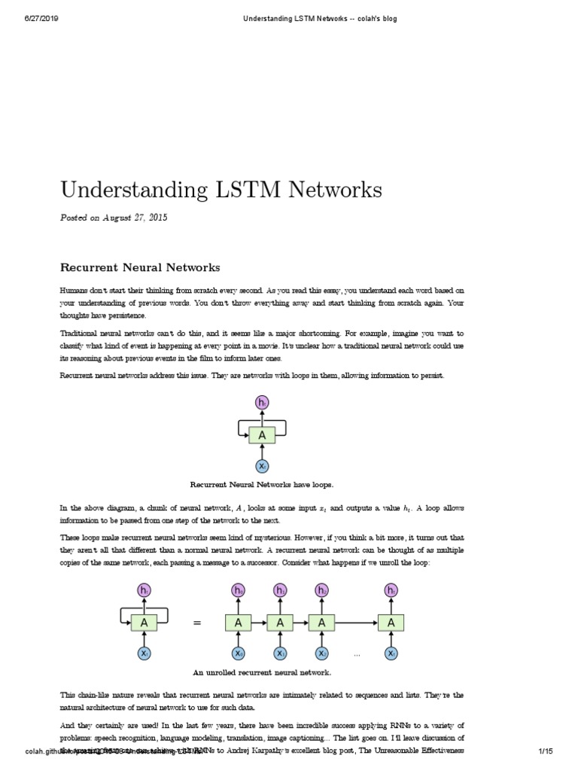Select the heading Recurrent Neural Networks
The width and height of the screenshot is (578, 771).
pyautogui.click(x=139, y=267)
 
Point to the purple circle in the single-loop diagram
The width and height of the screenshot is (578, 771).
pyautogui.click(x=262, y=404)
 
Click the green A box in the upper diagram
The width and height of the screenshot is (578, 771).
pyautogui.click(x=262, y=434)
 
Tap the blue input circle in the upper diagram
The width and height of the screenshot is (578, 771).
pyautogui.click(x=262, y=466)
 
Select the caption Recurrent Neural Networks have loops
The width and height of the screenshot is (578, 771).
pyautogui.click(x=262, y=485)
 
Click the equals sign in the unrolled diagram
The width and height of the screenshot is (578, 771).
pyautogui.click(x=198, y=623)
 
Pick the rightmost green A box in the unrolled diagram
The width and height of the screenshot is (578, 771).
pyautogui.click(x=391, y=623)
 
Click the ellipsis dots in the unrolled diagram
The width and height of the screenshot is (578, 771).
pyautogui.click(x=357, y=654)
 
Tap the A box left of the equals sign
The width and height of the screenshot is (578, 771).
pyautogui.click(x=144, y=623)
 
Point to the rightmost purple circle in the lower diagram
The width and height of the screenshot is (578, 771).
pyautogui.click(x=391, y=591)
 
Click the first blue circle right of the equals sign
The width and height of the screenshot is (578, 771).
pyautogui.click(x=239, y=654)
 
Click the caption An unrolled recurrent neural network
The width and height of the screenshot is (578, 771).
pyautogui.click(x=262, y=672)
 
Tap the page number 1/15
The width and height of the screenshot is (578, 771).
pyautogui.click(x=546, y=751)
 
